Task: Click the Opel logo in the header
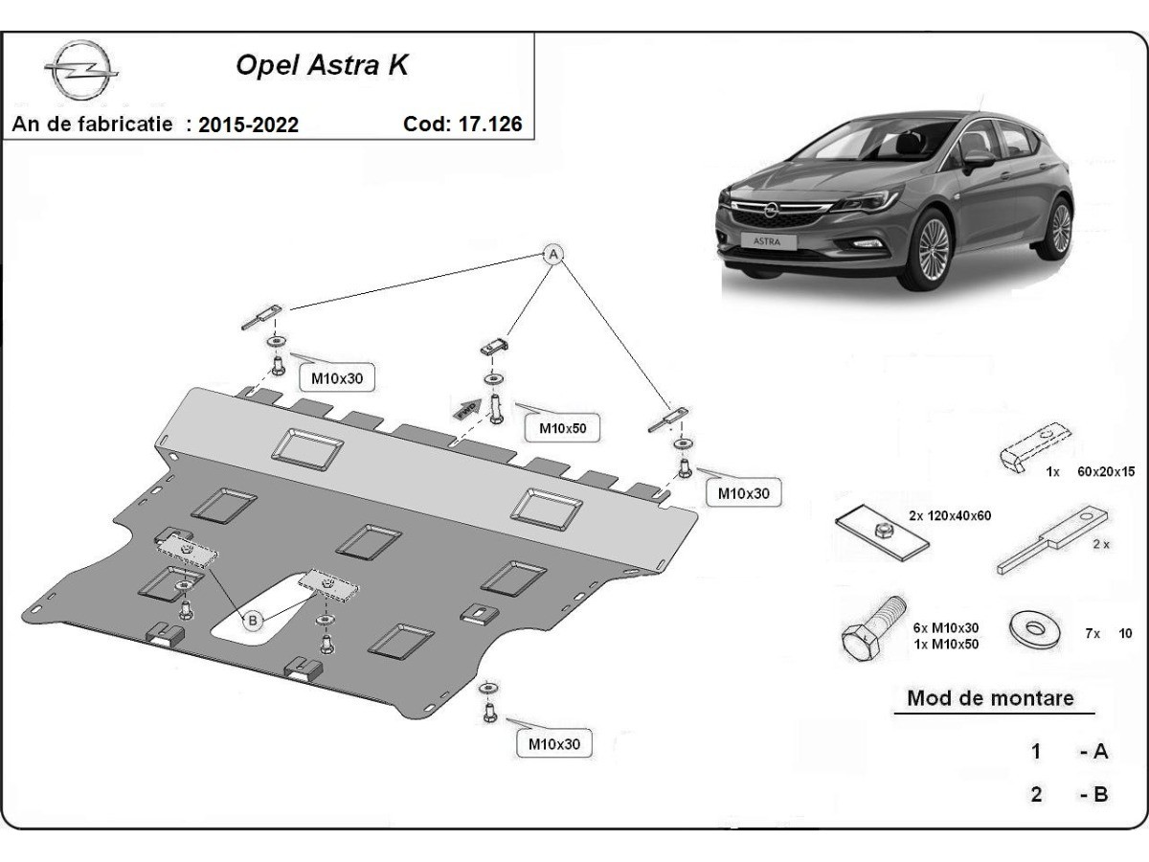80,72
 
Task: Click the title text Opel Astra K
322,67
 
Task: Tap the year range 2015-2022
248,125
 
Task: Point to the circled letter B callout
253,621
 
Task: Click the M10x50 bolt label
562,429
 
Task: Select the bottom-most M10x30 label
553,743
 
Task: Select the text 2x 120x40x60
950,515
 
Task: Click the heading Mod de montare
990,697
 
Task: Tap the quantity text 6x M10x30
945,627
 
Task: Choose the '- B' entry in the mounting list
1093,794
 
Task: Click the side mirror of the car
977,158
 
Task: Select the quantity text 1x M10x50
945,644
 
